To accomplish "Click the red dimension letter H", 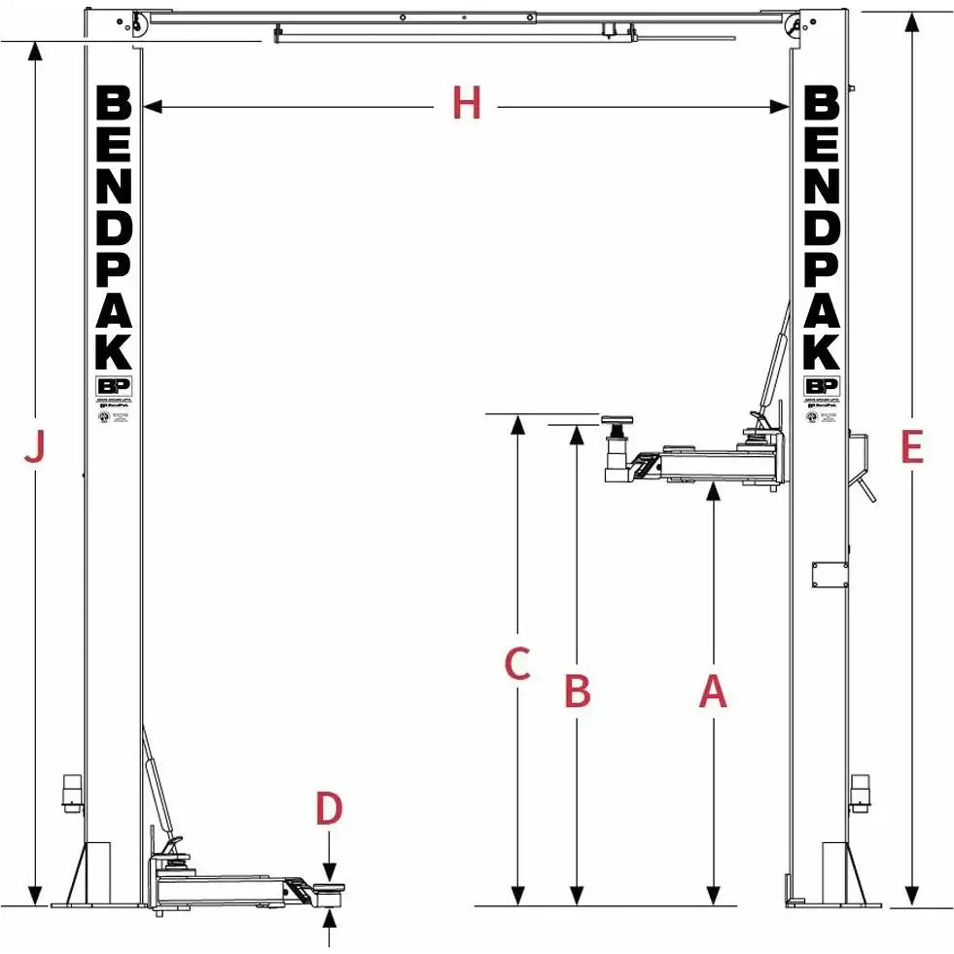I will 467,103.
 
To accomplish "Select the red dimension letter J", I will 35,448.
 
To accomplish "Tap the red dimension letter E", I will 911,447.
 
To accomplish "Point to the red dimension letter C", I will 517,664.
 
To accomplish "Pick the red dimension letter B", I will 578,691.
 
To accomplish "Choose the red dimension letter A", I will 714,691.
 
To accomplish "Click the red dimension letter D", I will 330,809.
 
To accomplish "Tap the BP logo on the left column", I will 114,385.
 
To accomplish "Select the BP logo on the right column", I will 822,385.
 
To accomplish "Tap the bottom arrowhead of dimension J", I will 35,896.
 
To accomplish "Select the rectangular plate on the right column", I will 830,574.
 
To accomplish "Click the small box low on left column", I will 70,790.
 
